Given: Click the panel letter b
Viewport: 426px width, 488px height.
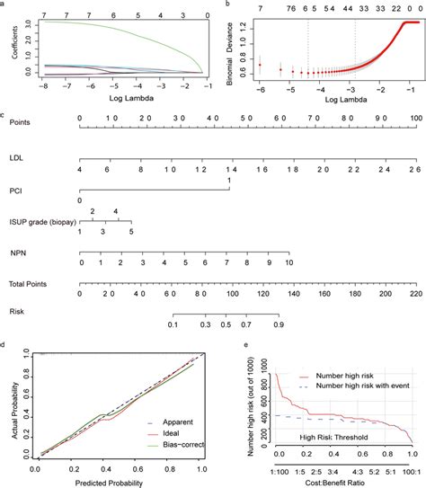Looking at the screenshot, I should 226,4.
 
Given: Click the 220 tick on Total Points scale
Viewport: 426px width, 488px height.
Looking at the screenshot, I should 414,293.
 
